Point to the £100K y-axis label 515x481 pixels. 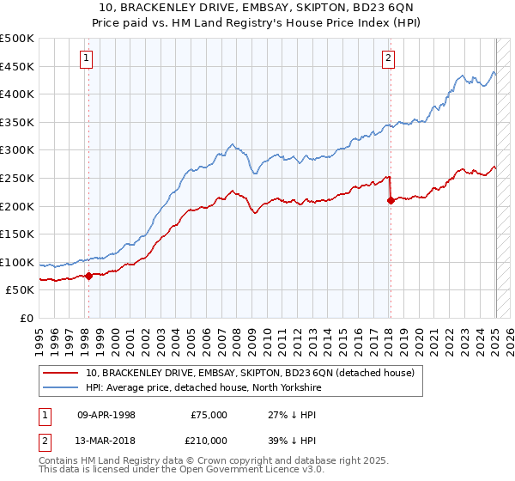pos(17,262)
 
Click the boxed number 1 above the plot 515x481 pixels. pos(88,58)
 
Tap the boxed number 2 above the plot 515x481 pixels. pos(389,58)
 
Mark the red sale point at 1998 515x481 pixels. pos(88,276)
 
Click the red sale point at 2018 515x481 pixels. pos(391,200)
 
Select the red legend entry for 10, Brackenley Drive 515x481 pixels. pos(250,373)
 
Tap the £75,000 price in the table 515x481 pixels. pos(209,415)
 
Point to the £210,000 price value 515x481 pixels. pos(209,439)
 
